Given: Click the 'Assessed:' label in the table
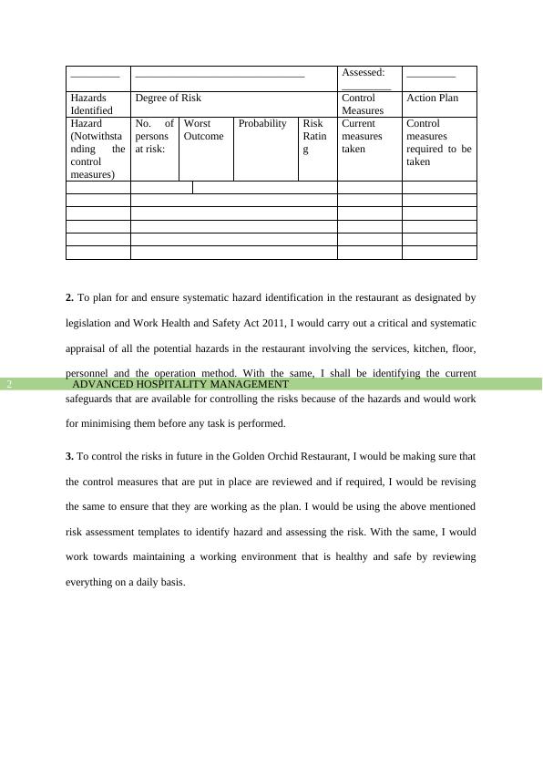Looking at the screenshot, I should coord(363,72).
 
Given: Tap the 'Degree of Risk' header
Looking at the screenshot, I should coord(169,98).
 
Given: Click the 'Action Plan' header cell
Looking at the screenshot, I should coord(432,98).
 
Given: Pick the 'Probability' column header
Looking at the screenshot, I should coord(262,123).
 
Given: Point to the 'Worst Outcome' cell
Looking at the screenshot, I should coord(203,130).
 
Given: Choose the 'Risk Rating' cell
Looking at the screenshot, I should coord(314,136).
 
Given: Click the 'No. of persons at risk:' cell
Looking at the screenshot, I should coord(154,136).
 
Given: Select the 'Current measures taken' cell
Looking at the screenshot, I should coord(362,136).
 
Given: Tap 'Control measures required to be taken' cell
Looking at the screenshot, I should coord(438,142).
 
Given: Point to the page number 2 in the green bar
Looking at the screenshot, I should coord(9,385).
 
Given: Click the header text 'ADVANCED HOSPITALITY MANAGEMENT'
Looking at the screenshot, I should coord(180,385).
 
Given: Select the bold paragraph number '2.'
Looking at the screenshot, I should coord(70,297).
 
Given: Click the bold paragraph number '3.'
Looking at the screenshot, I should coord(70,456).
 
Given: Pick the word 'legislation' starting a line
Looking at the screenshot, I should coord(90,323).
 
